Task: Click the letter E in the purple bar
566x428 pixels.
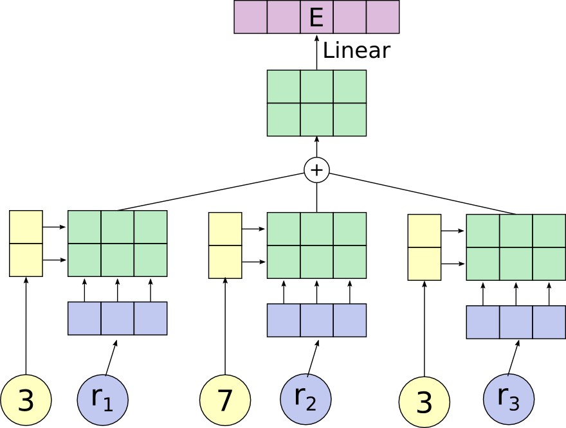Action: (x=316, y=17)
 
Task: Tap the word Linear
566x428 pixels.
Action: (x=356, y=51)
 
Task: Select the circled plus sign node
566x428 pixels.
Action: (x=316, y=170)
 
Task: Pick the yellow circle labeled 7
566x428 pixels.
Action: (x=225, y=400)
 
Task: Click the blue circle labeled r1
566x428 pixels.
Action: (x=103, y=400)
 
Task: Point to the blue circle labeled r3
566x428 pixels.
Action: (x=508, y=400)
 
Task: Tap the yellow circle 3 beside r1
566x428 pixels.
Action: (x=26, y=400)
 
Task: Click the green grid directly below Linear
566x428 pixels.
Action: (x=316, y=103)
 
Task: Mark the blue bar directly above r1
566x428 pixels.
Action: (x=117, y=318)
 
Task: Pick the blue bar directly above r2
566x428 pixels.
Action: (x=316, y=320)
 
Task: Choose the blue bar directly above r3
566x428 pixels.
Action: (x=516, y=322)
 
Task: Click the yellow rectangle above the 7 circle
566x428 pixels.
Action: (x=225, y=245)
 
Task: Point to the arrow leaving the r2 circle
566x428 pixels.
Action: (x=313, y=357)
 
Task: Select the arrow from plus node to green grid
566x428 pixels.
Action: (x=316, y=148)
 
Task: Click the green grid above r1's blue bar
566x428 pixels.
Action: (x=117, y=243)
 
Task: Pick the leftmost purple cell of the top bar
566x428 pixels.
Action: (x=250, y=17)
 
